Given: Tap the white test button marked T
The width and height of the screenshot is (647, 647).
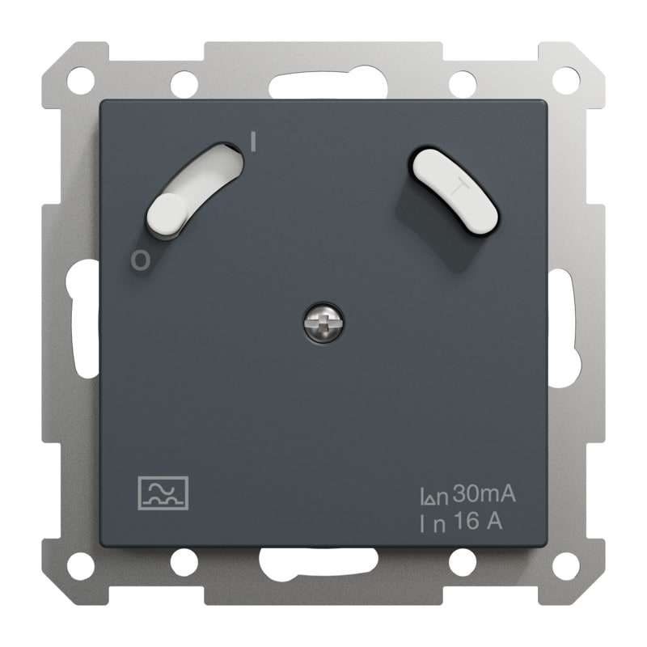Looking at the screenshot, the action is [455, 191].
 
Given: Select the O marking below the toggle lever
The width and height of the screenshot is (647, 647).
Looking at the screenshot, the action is [140, 260].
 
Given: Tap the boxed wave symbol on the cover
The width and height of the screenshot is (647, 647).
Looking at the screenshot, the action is [163, 493].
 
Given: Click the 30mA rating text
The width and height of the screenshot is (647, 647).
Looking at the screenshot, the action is [484, 494].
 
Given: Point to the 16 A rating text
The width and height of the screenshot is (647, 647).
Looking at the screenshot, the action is [479, 522].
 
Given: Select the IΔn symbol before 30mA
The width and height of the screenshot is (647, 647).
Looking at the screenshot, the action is [434, 497].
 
